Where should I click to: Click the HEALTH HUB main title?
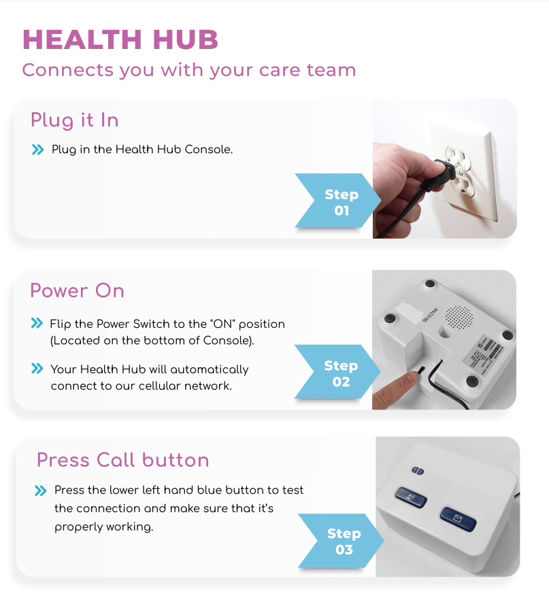point(120,40)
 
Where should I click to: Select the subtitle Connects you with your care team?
point(188,70)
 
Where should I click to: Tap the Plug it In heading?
point(75,120)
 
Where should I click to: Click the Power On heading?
point(77,291)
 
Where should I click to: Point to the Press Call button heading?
point(122,460)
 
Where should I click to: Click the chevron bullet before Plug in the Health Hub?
point(37,150)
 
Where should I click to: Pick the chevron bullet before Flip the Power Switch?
point(37,324)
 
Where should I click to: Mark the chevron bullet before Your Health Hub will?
point(37,369)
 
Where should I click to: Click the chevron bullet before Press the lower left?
point(41,490)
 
